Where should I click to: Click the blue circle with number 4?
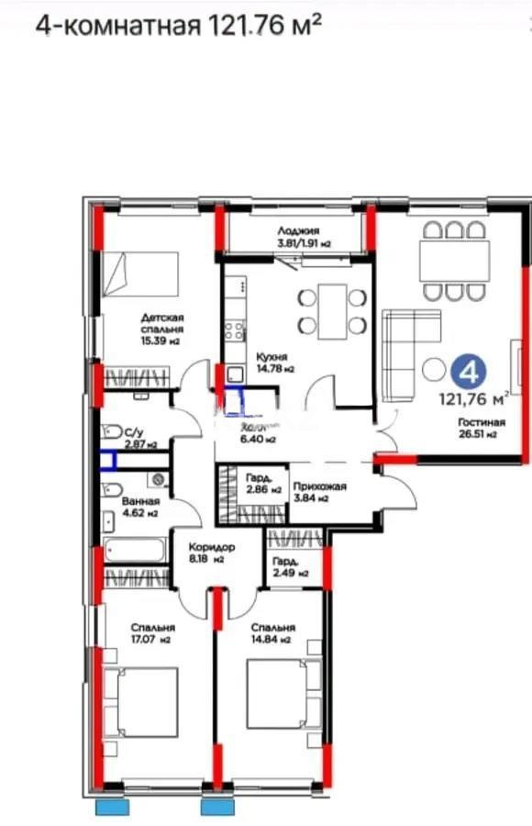pyautogui.click(x=468, y=373)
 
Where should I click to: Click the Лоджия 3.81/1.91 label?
pyautogui.click(x=304, y=239)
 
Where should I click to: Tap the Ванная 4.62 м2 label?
pyautogui.click(x=140, y=508)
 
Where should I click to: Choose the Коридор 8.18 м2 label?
pyautogui.click(x=206, y=552)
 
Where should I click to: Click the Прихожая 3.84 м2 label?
pyautogui.click(x=318, y=493)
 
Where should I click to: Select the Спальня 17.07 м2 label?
pyautogui.click(x=152, y=632)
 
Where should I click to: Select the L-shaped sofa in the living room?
pyautogui.click(x=400, y=353)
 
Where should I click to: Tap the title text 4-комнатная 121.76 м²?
pyautogui.click(x=178, y=25)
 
